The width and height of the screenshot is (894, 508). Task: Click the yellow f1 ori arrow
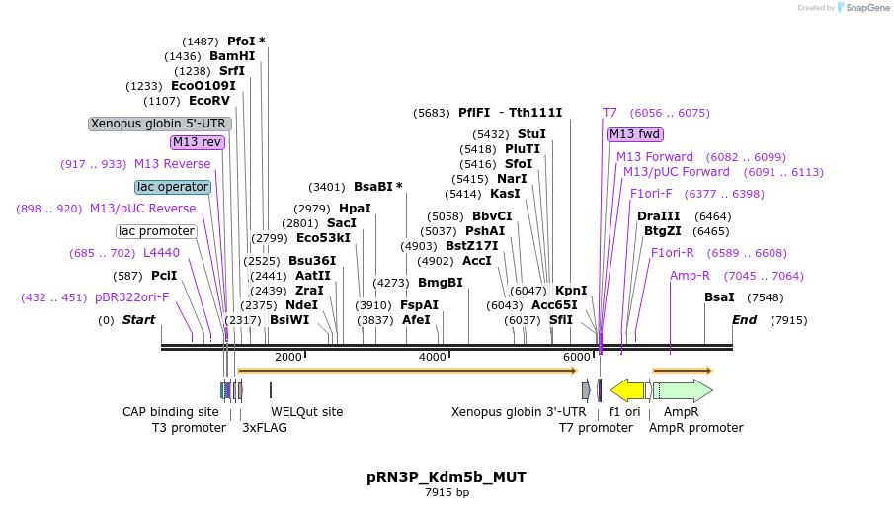click(x=627, y=390)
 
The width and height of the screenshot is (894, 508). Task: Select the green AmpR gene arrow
click(x=683, y=390)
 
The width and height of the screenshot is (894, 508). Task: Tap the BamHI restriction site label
click(x=232, y=56)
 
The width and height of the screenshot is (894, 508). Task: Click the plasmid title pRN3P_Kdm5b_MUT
click(x=447, y=477)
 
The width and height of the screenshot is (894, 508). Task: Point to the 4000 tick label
click(x=433, y=357)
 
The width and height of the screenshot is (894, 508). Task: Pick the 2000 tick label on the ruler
click(x=288, y=357)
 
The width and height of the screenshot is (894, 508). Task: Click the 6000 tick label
click(x=577, y=357)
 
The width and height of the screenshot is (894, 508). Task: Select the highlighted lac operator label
click(x=173, y=187)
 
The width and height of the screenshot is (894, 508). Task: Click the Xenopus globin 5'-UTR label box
click(x=160, y=124)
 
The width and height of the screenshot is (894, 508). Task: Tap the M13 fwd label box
click(x=635, y=134)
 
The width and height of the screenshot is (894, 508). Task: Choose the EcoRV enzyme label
click(x=209, y=101)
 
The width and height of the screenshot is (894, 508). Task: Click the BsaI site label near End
click(x=719, y=297)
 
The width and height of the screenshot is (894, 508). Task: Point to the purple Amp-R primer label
click(x=690, y=276)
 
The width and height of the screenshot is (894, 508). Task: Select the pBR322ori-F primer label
click(x=132, y=297)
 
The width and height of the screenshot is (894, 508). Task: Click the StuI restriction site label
click(x=531, y=134)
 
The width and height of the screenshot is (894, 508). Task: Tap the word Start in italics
click(x=138, y=320)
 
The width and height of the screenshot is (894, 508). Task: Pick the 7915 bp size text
click(x=447, y=492)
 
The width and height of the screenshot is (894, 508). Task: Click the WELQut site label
click(x=307, y=411)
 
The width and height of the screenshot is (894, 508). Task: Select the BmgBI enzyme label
click(x=440, y=283)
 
